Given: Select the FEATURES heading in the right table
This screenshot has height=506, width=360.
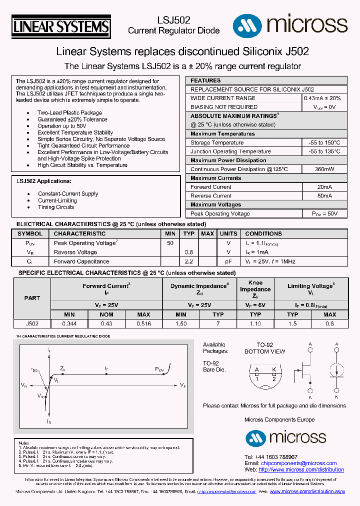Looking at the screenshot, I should point(205,80).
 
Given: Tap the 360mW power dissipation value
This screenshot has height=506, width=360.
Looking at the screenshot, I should point(324,169).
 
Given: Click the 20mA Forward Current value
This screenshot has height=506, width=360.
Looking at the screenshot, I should point(324,187).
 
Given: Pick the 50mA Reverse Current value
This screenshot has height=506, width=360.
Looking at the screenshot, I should point(324,196).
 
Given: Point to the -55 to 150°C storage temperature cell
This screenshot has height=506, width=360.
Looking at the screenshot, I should point(324,143).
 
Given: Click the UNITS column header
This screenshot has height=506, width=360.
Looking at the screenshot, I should point(228,233).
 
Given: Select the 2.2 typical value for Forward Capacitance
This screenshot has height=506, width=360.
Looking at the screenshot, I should point(188,261).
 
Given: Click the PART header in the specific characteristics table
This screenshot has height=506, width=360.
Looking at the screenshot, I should point(32,298).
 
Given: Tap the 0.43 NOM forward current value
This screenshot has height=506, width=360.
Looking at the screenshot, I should point(106,324).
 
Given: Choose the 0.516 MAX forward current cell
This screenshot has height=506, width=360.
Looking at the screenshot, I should point(143,324).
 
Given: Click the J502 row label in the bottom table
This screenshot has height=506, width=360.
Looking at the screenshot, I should point(32,324).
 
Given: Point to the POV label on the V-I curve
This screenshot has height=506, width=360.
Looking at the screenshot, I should point(159,369).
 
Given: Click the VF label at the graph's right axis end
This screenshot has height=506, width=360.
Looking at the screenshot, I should point(183,385).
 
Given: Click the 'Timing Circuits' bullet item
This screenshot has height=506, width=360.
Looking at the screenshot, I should point(56,207).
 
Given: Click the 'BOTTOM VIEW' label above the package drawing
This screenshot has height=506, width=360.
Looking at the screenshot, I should point(264,351).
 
